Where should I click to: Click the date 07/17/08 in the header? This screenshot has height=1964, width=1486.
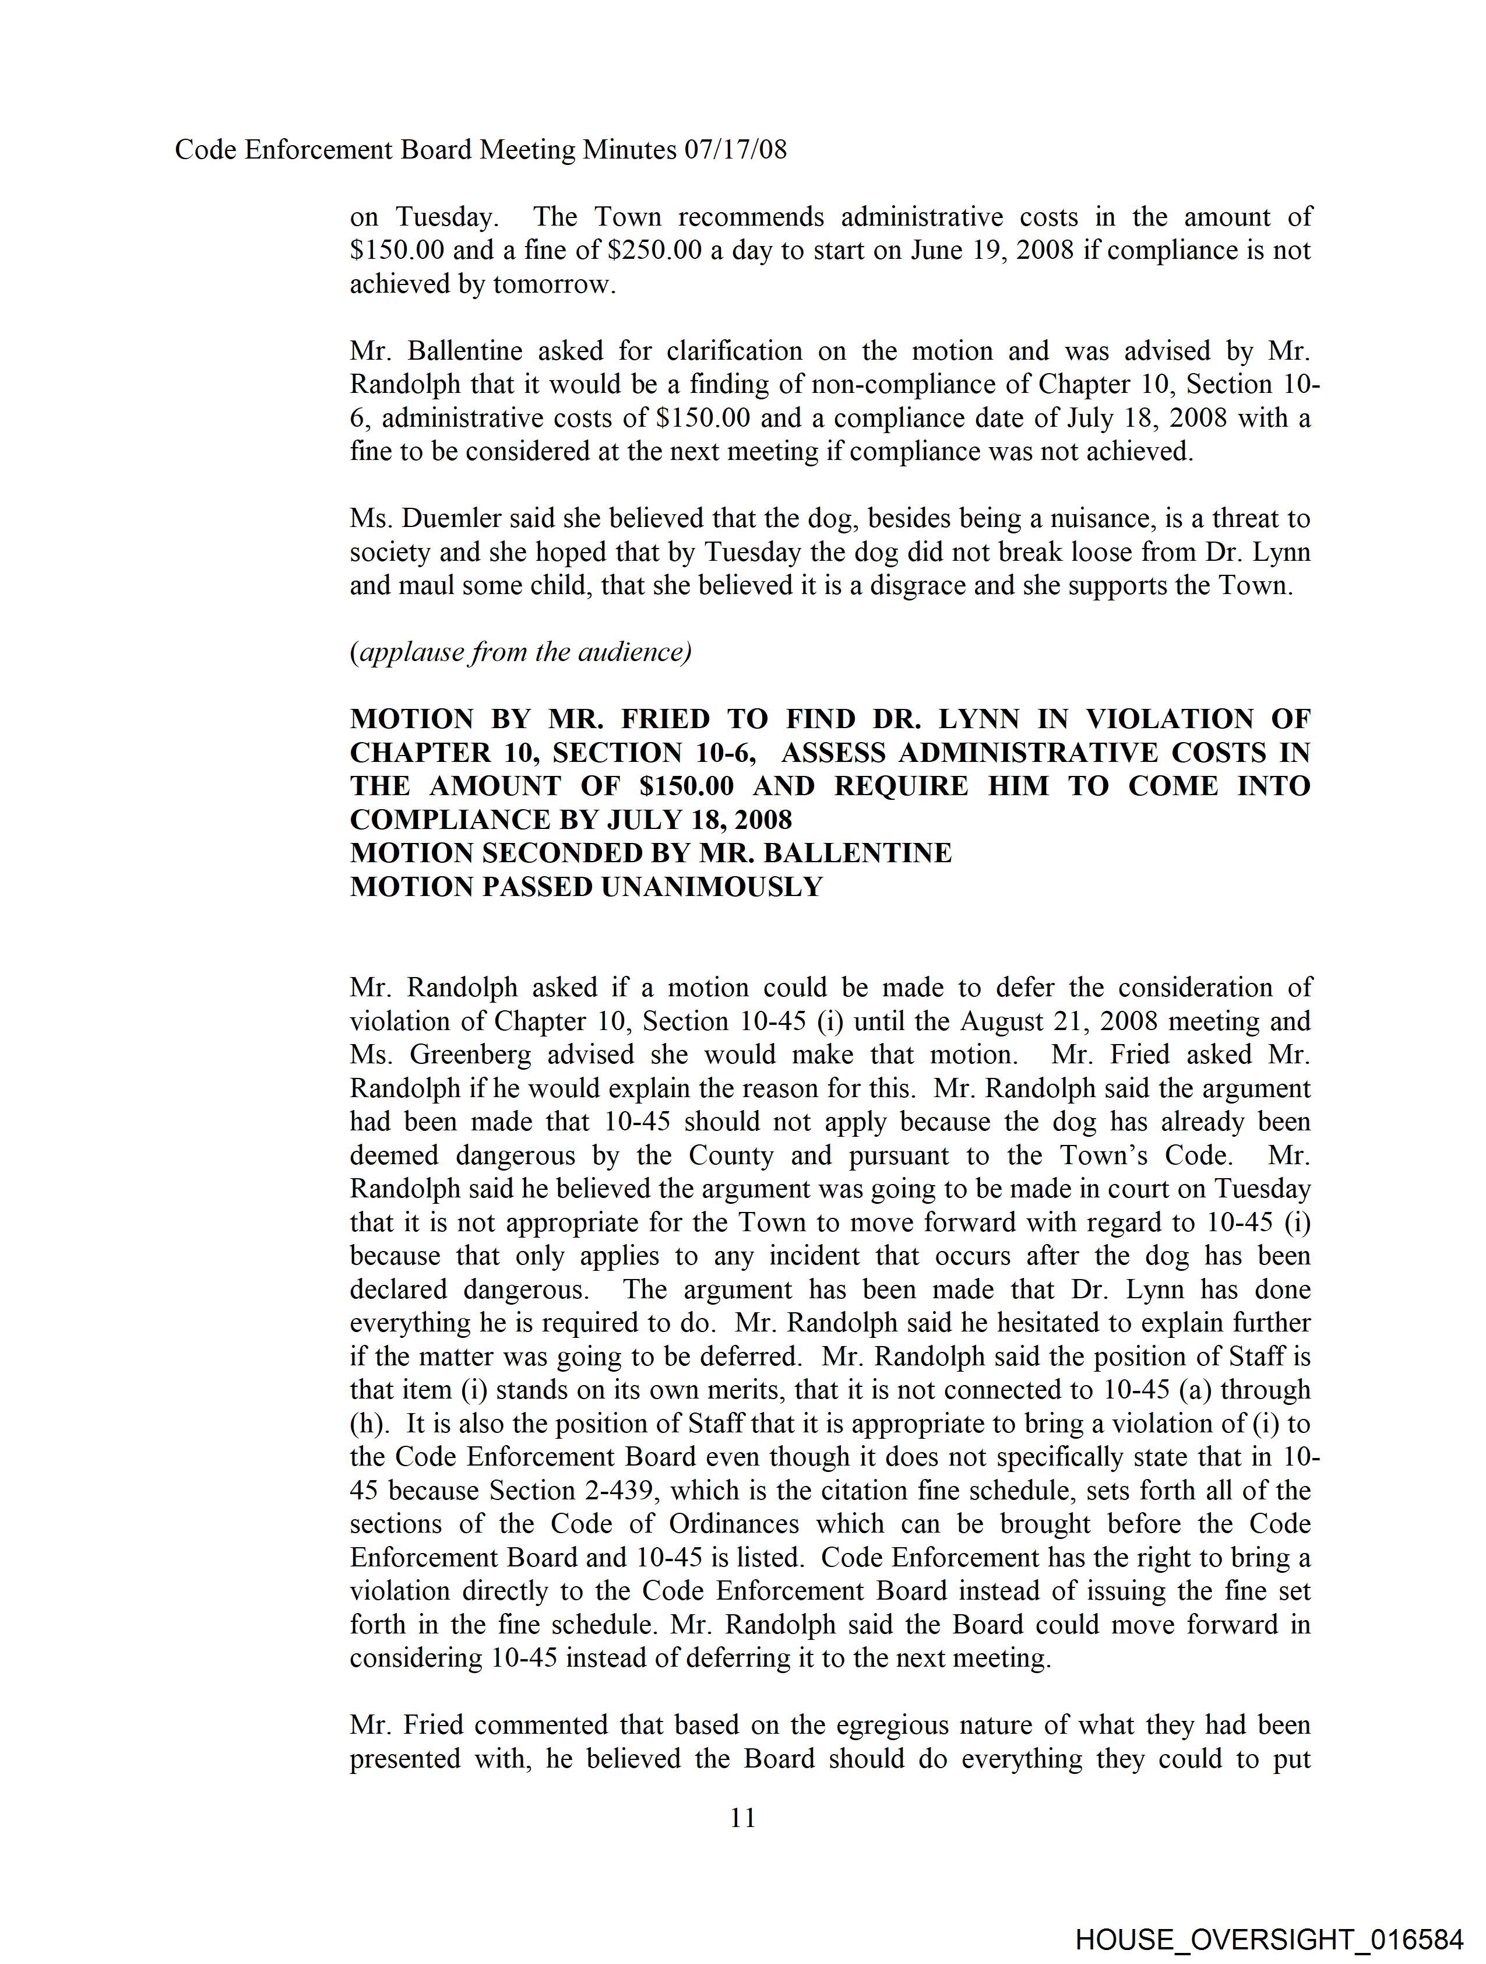click(735, 149)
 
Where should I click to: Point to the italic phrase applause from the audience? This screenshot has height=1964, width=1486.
click(521, 652)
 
